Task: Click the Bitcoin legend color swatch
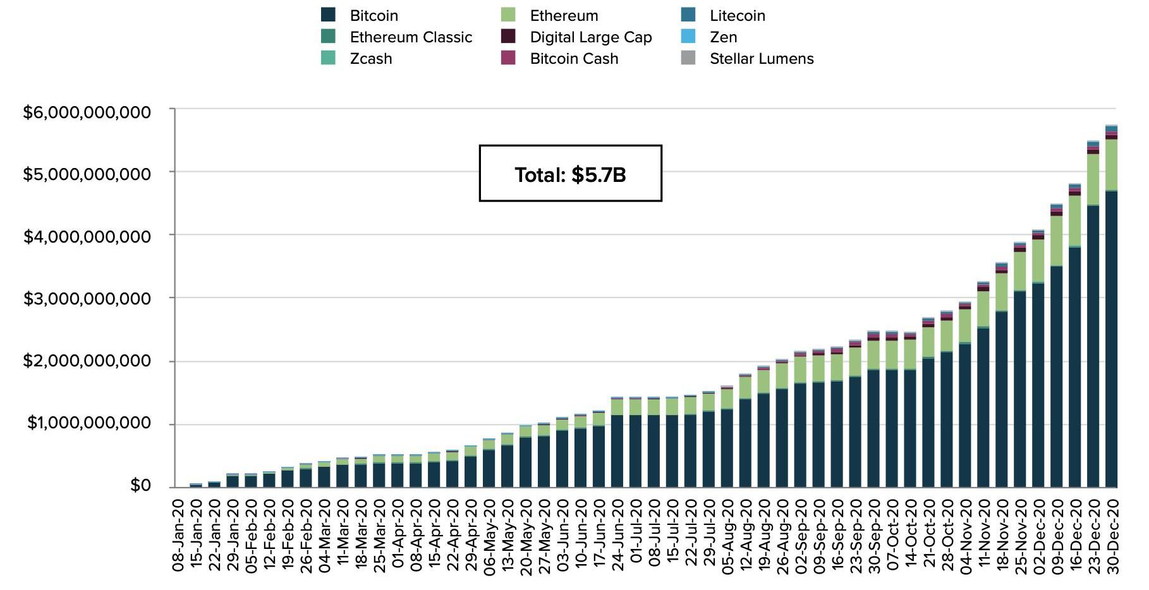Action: click(x=328, y=15)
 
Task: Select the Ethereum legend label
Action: click(x=564, y=16)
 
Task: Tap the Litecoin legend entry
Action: click(x=737, y=16)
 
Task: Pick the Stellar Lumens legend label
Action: click(x=762, y=59)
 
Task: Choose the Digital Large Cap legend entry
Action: click(x=590, y=37)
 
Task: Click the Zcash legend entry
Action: click(x=371, y=59)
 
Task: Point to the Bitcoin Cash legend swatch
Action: click(x=508, y=58)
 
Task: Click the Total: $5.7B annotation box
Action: click(x=570, y=174)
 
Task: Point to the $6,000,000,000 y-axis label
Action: click(x=87, y=112)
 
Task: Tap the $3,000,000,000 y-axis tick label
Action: click(x=87, y=298)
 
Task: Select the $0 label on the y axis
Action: click(x=140, y=485)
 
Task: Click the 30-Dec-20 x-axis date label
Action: click(x=1112, y=536)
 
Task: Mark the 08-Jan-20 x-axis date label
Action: click(x=178, y=536)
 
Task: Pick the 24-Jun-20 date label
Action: click(x=617, y=536)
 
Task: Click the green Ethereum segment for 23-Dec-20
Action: click(x=1093, y=179)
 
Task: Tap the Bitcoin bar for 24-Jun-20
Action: click(x=617, y=450)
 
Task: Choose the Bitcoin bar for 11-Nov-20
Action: click(x=983, y=407)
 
